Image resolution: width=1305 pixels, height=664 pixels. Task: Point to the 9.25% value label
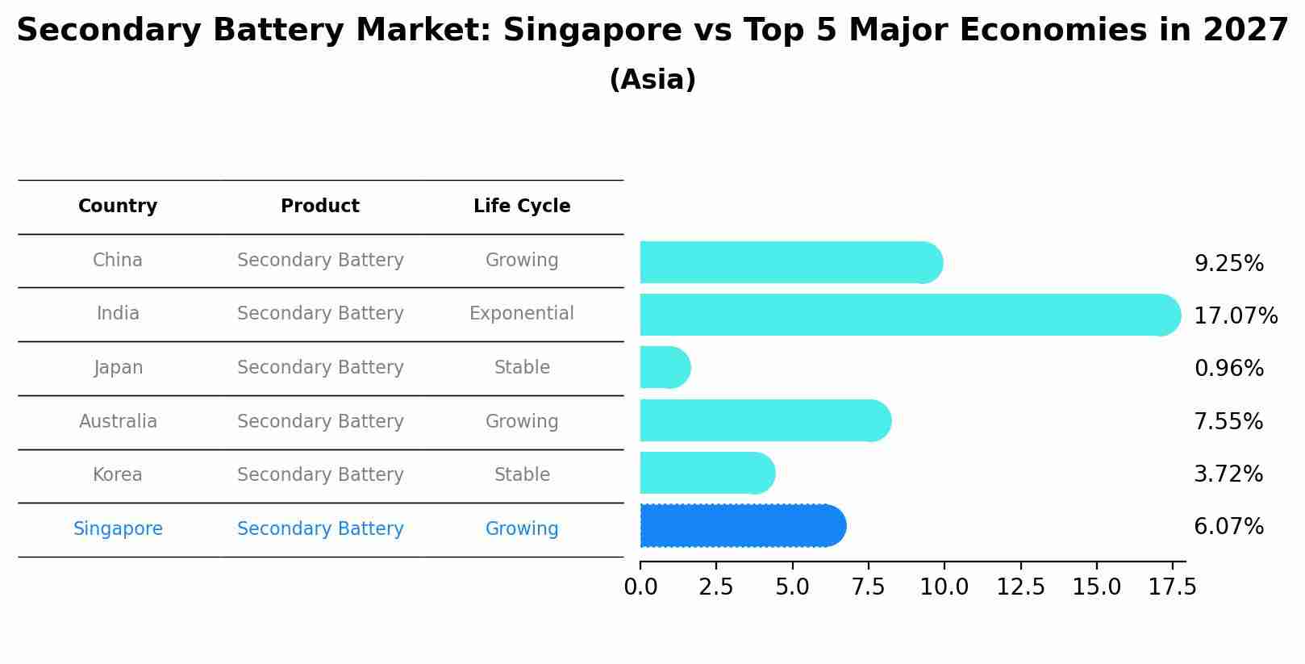coord(1228,264)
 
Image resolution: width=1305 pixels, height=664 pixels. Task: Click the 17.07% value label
coord(1236,315)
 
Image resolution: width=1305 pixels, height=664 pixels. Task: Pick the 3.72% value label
coord(1228,474)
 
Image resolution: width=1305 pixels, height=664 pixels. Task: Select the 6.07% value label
coord(1228,527)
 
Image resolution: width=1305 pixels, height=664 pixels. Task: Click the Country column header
coord(118,207)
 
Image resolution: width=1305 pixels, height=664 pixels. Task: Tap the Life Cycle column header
coord(522,207)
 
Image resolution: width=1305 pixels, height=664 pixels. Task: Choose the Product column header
coord(320,207)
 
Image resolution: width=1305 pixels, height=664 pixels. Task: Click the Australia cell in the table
coord(118,421)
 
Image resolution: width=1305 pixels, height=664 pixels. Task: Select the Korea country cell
coord(118,474)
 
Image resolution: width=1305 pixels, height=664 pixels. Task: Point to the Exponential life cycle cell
coord(522,313)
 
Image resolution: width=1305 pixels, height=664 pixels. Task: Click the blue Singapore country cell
coord(118,528)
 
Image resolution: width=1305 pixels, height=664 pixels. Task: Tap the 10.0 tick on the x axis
coord(944,587)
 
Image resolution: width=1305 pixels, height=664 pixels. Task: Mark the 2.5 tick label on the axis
coord(716,587)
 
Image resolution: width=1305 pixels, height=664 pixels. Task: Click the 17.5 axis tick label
coord(1173,587)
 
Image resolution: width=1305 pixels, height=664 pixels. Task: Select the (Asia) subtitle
coord(652,80)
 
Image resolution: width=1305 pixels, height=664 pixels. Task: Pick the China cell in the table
coord(118,260)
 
